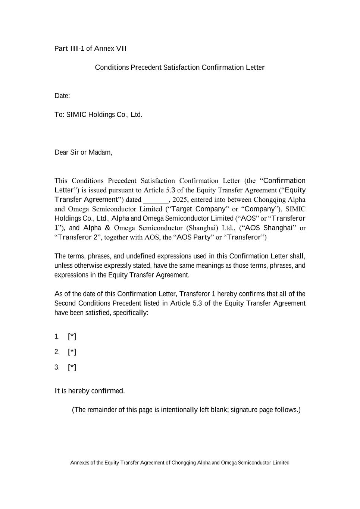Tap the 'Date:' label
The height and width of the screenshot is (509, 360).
[x=62, y=96]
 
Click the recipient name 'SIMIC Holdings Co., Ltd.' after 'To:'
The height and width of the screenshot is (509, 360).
[x=104, y=114]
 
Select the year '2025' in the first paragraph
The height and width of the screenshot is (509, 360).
[x=180, y=199]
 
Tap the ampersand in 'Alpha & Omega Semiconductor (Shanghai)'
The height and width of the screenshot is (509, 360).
[x=107, y=227]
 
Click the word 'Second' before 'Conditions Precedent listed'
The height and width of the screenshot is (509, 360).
[x=65, y=303]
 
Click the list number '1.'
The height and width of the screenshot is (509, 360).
[x=57, y=336]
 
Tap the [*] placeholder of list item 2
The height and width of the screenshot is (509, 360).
[x=72, y=352]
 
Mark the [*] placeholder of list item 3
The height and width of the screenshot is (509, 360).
[x=72, y=367]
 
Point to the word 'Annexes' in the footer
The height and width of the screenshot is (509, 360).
[x=79, y=463]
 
